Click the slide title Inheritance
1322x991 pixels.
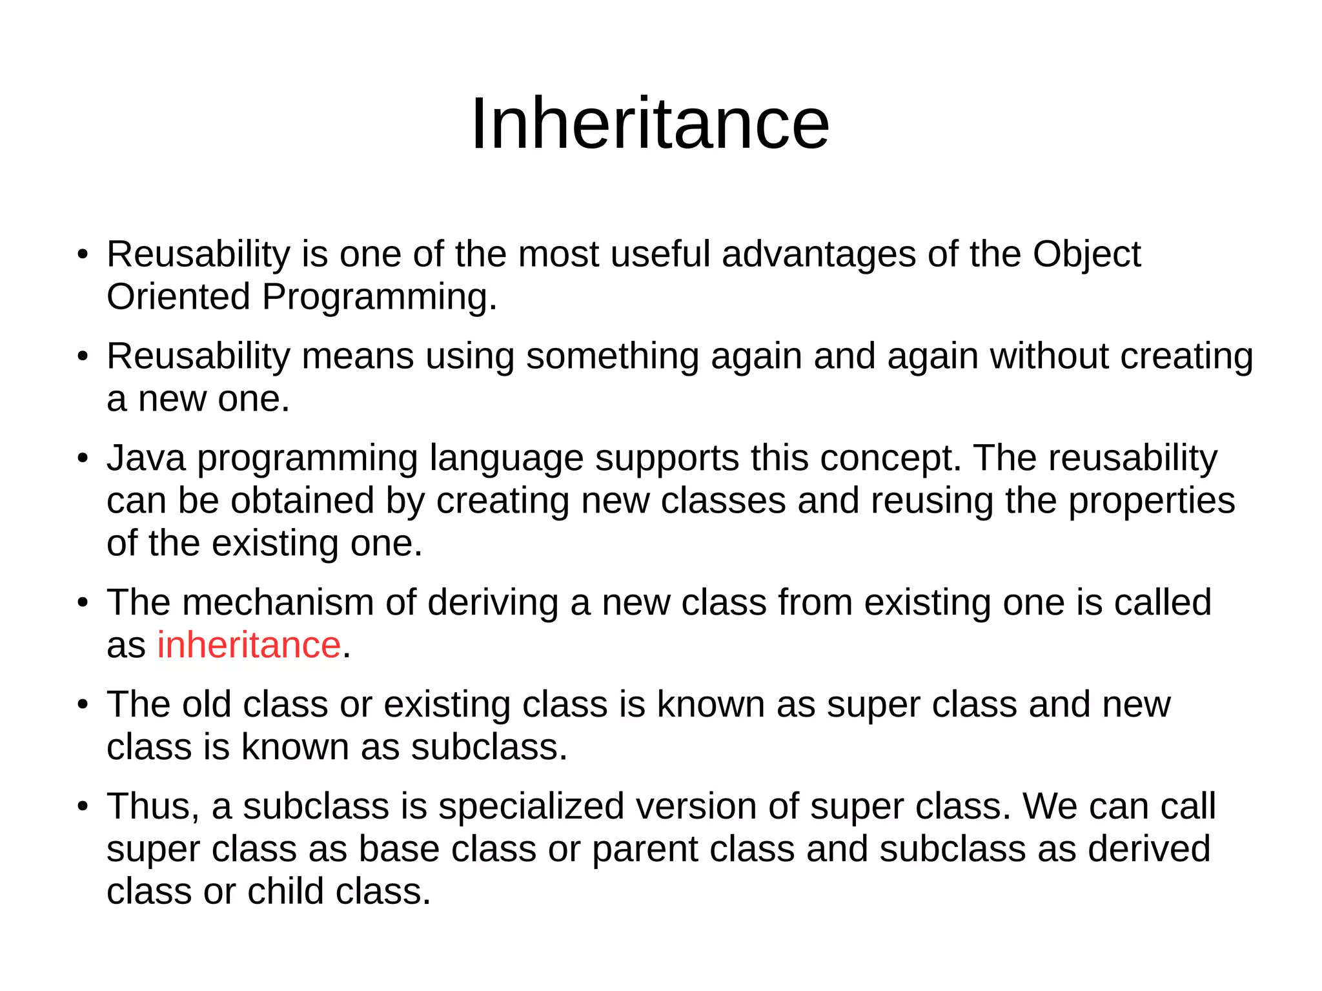click(650, 123)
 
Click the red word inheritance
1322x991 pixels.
click(249, 645)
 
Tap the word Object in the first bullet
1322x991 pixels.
click(1086, 254)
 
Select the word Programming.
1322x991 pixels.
click(379, 298)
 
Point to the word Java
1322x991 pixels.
click(146, 458)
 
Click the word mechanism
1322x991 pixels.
click(278, 602)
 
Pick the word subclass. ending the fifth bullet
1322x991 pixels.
click(489, 747)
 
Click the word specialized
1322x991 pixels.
click(531, 806)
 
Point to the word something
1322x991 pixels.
click(613, 356)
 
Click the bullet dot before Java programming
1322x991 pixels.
click(82, 459)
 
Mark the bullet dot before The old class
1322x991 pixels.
click(82, 705)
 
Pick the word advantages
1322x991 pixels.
click(819, 254)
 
